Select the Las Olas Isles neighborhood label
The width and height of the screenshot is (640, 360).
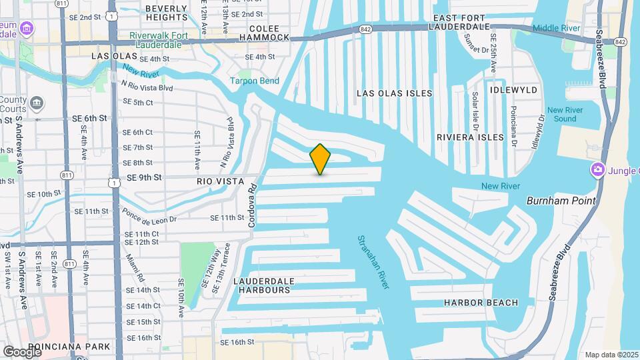point(394,94)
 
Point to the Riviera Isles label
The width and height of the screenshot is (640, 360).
point(470,137)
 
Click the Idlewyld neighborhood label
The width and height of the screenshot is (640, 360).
point(514,89)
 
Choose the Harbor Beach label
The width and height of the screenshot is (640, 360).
point(481,303)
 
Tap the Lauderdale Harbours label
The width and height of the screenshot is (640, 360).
point(262,285)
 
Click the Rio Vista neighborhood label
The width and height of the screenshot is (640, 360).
point(217,181)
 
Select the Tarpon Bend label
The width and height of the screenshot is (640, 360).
point(255,81)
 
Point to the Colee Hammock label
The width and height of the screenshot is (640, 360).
point(269,33)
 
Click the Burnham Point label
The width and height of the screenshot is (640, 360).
point(560,200)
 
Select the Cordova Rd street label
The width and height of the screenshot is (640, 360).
point(252,207)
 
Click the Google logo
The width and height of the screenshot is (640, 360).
point(22,351)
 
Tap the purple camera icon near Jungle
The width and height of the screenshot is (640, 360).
point(597,171)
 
